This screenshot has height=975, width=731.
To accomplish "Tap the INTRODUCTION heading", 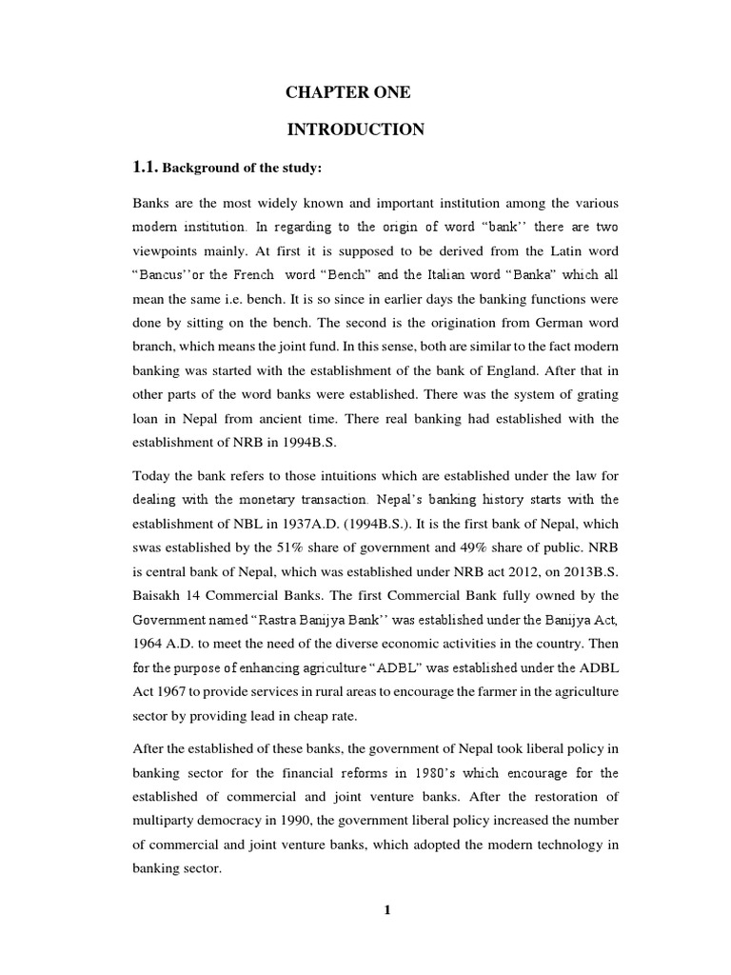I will pyautogui.click(x=356, y=129).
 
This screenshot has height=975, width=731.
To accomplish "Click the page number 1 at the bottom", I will pyautogui.click(x=386, y=910).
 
